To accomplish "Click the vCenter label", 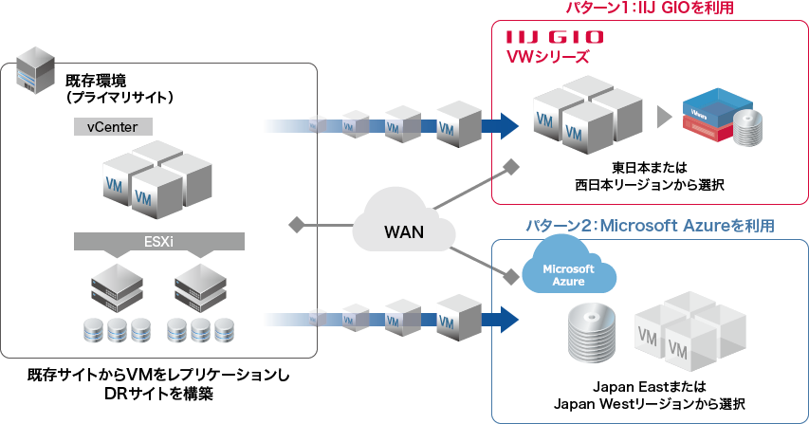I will [112, 125].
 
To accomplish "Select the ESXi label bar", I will [158, 241].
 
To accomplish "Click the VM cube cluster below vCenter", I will [156, 179].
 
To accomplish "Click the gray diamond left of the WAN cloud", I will [296, 225].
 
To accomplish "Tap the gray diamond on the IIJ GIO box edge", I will [511, 168].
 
